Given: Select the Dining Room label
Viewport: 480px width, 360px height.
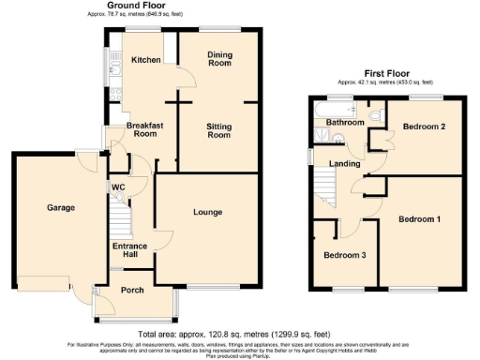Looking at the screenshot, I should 218,58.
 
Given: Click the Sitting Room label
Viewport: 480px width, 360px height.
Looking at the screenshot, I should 217,130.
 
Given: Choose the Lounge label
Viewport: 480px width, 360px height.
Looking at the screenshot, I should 207,212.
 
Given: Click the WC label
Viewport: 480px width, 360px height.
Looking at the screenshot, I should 118,187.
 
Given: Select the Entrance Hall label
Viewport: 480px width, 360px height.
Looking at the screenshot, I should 130,250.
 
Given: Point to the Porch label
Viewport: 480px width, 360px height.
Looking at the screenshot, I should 132,290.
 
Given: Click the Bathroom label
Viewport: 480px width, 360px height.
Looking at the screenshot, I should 344,122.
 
